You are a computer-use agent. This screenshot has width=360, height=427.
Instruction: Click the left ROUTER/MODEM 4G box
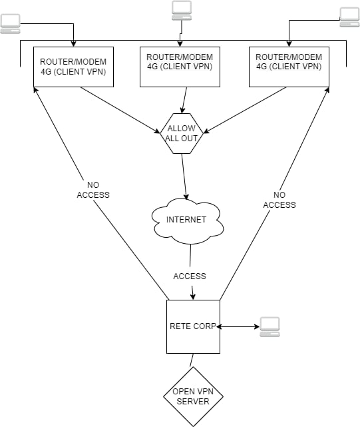(x=73, y=67)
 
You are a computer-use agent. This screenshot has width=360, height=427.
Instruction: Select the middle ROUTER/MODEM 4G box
(x=180, y=67)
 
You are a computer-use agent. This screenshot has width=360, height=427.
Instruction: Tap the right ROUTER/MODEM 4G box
(x=289, y=67)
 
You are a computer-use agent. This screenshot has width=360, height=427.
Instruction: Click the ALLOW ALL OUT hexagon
(x=182, y=133)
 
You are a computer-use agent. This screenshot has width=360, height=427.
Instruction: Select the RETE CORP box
(x=193, y=327)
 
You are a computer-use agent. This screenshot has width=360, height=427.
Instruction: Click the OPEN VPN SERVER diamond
(x=193, y=396)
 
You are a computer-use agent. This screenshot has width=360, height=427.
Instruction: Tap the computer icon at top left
(x=11, y=24)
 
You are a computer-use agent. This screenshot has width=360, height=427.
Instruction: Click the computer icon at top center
(x=182, y=11)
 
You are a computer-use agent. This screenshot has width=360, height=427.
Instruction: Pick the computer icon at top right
(x=349, y=17)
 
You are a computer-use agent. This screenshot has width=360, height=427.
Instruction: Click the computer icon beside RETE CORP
(x=270, y=327)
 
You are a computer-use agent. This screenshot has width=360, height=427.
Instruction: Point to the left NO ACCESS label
(x=93, y=190)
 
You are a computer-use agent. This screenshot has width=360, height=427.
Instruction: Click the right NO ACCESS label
(x=279, y=200)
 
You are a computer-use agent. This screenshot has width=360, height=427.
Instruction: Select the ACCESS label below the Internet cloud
(x=190, y=276)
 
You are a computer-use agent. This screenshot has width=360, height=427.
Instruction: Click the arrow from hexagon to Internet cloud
(x=184, y=177)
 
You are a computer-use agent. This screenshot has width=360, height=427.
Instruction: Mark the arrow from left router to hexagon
(x=120, y=111)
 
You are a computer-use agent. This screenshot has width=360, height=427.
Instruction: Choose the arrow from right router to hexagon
(x=245, y=111)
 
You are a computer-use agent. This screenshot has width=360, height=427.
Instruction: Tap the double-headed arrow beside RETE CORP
(x=238, y=326)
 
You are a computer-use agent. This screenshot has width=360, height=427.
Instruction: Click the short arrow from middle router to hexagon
(x=184, y=100)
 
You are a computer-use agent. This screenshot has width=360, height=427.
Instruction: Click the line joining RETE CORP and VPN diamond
(x=192, y=360)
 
